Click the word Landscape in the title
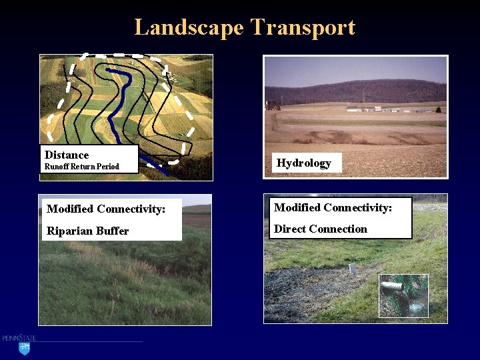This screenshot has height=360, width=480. tap(189, 27)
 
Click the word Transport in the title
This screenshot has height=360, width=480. tap(303, 27)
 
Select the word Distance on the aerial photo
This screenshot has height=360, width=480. tap(67, 155)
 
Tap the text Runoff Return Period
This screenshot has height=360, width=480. tap(81, 167)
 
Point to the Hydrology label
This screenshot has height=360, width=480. tap(303, 163)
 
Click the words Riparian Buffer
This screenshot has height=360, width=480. tap(87, 231)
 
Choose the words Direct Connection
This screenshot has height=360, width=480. tap(321, 229)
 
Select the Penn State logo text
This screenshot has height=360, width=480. tap(19, 339)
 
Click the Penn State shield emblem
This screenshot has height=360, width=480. tap(25, 348)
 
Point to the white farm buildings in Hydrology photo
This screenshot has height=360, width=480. tap(373, 109)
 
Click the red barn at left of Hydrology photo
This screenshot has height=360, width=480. tap(273, 106)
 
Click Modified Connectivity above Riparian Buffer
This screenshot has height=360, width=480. tap(106, 209)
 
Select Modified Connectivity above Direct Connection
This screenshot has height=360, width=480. tap(333, 207)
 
